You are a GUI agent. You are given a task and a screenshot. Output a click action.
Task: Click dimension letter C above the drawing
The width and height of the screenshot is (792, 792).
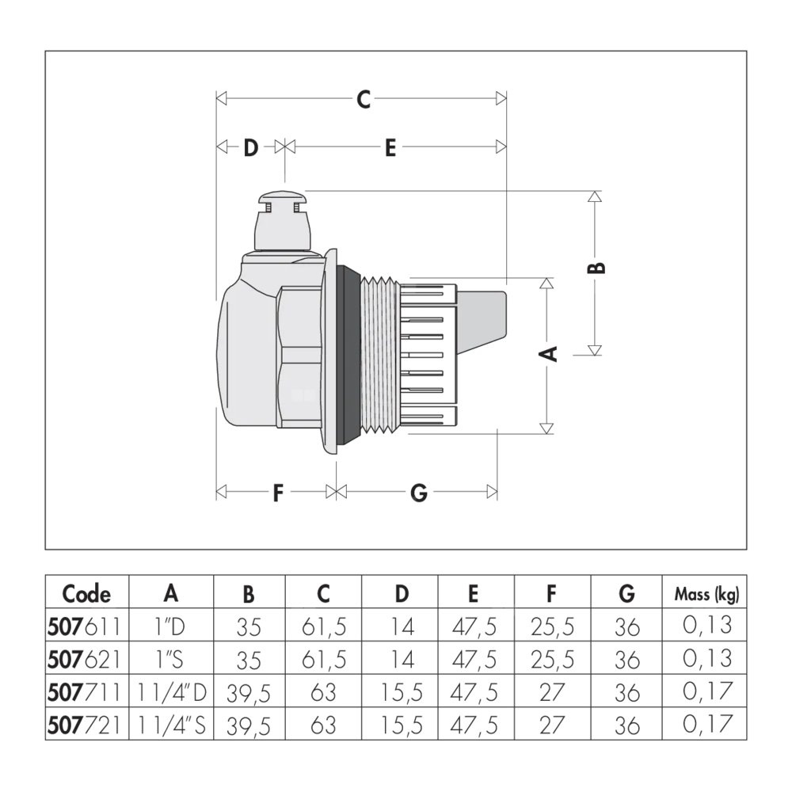[363, 99]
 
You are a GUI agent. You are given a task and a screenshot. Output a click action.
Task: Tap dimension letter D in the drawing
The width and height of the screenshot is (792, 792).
[250, 147]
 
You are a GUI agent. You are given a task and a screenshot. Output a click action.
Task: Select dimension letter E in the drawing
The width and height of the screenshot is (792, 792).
[390, 147]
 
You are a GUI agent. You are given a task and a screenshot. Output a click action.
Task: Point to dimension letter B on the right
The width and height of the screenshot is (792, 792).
[600, 267]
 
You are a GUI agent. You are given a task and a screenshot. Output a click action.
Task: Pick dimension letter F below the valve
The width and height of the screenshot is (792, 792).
[277, 493]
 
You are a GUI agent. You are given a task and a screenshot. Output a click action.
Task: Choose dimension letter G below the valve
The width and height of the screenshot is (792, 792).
[419, 493]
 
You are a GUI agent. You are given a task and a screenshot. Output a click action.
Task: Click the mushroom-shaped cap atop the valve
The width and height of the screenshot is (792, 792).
[284, 197]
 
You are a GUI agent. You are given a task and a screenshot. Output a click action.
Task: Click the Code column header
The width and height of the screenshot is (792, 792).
[86, 593]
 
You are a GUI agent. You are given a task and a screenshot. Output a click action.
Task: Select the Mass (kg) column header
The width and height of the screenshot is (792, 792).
[706, 593]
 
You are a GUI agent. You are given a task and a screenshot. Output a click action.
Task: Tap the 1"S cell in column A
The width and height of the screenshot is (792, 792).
[170, 659]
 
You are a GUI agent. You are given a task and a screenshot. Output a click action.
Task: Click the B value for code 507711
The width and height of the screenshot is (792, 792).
[248, 692]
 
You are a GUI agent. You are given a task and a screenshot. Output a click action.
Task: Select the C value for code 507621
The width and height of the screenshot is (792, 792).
[323, 659]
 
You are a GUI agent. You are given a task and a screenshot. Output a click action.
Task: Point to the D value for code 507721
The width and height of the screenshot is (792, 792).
[400, 724]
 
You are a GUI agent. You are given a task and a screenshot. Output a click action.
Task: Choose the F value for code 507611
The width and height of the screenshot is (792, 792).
[552, 626]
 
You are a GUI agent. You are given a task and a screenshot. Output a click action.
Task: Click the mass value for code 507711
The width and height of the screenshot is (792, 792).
[706, 692]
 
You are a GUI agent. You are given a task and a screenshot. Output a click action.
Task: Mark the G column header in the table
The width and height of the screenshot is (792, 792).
[626, 593]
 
